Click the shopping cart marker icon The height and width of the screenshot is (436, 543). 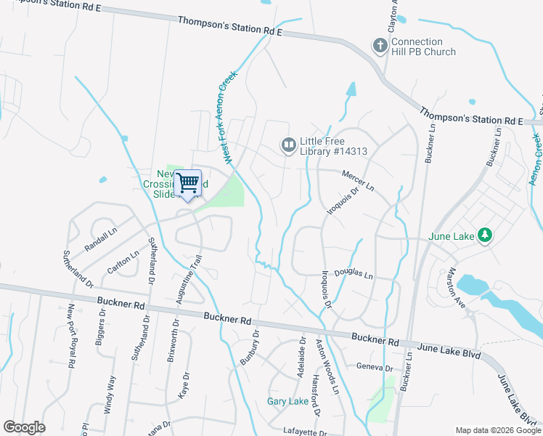click(x=188, y=182)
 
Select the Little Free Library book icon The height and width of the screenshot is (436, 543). click(x=289, y=146)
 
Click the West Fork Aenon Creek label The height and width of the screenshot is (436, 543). click(x=230, y=117)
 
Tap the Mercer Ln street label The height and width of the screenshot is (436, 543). click(x=359, y=182)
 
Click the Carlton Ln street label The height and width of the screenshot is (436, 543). click(x=123, y=261)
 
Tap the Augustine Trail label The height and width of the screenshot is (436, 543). click(x=189, y=279)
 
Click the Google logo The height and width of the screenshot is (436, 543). click(x=24, y=427)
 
